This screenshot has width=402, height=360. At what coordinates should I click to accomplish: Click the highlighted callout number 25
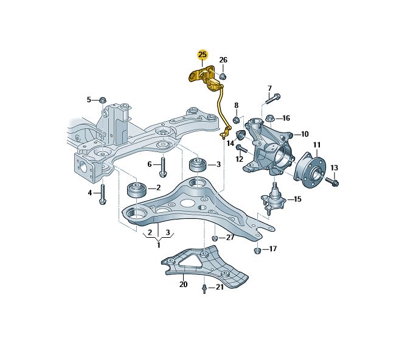pyautogui.click(x=203, y=55)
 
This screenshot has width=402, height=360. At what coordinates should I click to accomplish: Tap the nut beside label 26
pyautogui.click(x=223, y=76)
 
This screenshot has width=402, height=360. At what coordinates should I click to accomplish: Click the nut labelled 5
pyautogui.click(x=102, y=100)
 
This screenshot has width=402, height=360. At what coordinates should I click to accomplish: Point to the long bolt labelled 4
pyautogui.click(x=103, y=195)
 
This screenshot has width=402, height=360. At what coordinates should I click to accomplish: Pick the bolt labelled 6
pyautogui.click(x=163, y=167)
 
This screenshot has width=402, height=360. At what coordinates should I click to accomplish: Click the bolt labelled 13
pyautogui.click(x=332, y=181)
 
